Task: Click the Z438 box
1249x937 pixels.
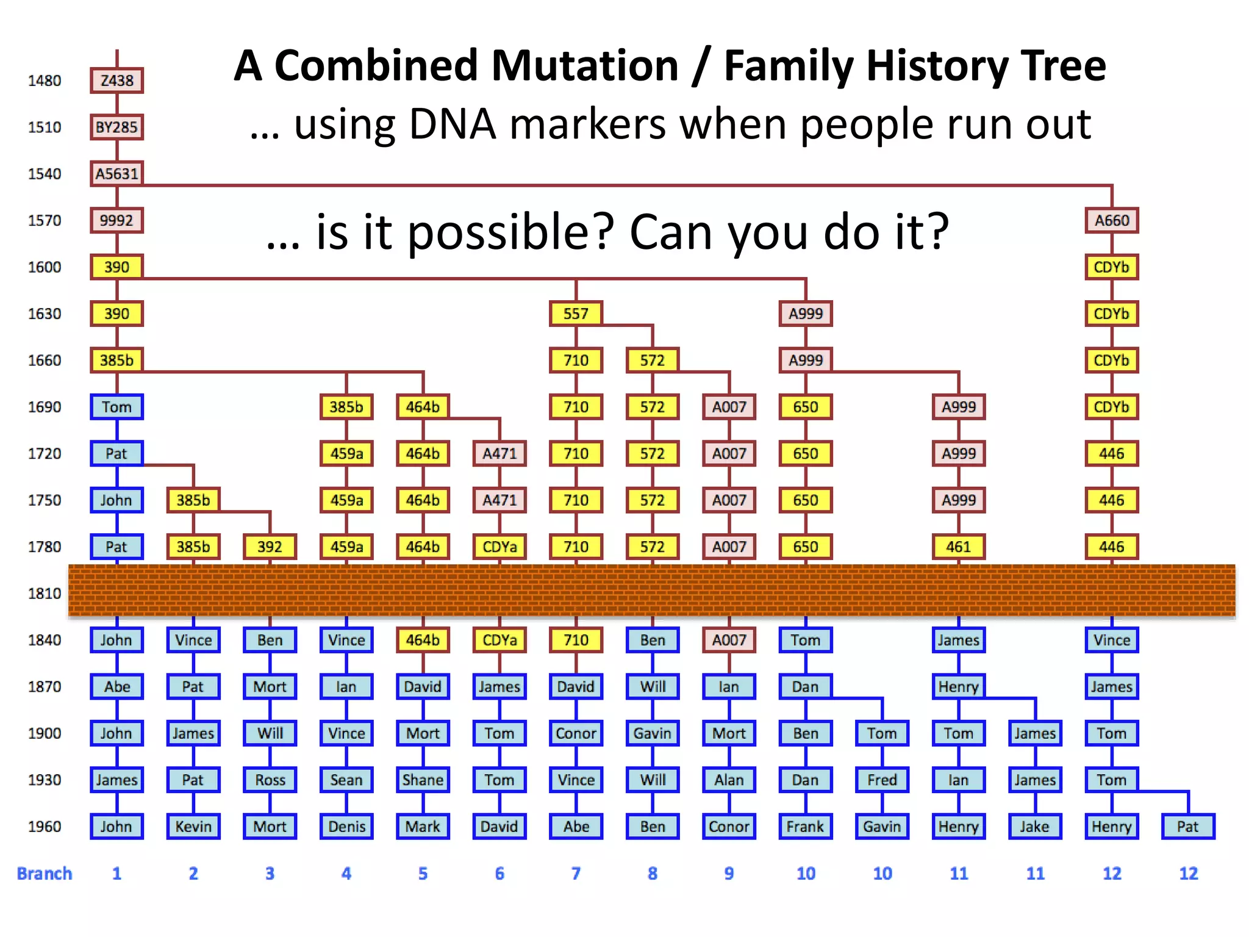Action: pos(116,81)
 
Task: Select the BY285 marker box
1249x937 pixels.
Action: pos(116,127)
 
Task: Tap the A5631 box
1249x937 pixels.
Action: pos(116,174)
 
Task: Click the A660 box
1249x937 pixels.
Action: pos(1111,220)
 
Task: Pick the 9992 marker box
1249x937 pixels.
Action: pos(116,220)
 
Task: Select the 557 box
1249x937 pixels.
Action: pos(576,314)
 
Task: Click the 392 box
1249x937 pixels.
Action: pos(270,547)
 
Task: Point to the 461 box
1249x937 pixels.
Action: pos(958,547)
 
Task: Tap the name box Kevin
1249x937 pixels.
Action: pos(193,827)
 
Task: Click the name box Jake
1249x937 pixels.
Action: pos(1035,827)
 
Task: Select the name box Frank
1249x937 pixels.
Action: pos(805,827)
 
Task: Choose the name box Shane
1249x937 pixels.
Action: pos(423,780)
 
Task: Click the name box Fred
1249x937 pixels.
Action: pos(882,780)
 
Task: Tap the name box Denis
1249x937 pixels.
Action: pos(346,827)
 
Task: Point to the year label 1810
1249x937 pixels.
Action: pos(45,593)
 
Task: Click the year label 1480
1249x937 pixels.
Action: pos(45,81)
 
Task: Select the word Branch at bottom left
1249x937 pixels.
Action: pos(45,874)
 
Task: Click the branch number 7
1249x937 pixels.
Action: pos(576,874)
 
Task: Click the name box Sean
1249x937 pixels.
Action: pos(346,780)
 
